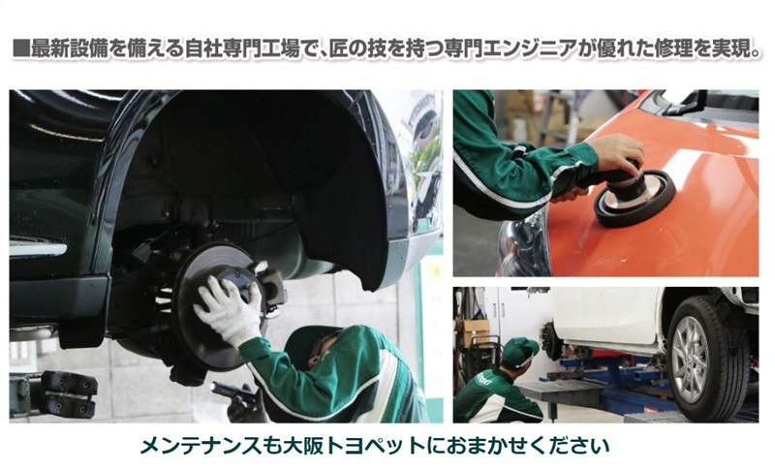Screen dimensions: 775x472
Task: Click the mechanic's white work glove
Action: tap(228, 311)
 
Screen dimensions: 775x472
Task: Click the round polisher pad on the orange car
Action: tap(635, 199)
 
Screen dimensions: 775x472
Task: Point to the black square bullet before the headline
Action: tap(20, 50)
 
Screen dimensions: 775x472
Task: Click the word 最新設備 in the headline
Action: tap(69, 50)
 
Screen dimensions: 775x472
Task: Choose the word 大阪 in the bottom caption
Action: tap(303, 446)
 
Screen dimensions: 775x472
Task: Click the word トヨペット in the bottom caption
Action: tap(374, 446)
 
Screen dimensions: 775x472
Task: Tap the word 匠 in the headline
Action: tap(339, 50)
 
